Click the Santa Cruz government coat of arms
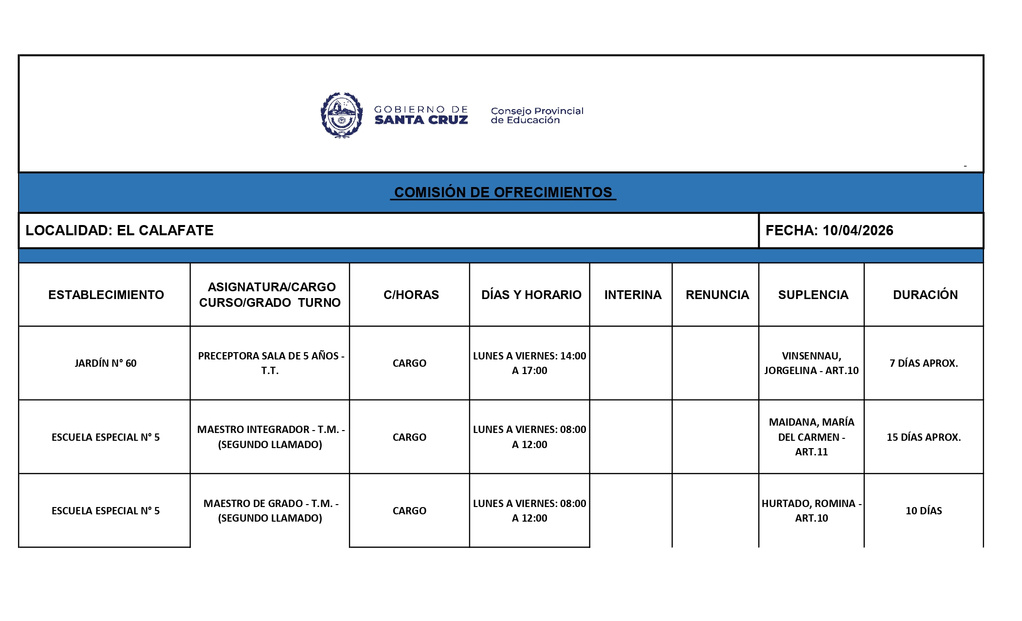[342, 115]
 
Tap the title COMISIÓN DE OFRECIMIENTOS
[503, 192]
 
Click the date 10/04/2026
[858, 230]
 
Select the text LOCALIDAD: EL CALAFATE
[119, 230]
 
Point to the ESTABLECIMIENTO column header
[106, 295]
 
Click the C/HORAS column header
[411, 295]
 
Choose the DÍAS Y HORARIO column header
[531, 295]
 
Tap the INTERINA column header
[633, 295]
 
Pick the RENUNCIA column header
[717, 295]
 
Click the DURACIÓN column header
[925, 295]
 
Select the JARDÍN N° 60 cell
[106, 363]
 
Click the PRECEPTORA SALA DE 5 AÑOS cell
[271, 363]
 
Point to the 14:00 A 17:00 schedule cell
[529, 363]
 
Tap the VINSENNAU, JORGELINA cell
[811, 363]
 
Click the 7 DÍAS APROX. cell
[923, 363]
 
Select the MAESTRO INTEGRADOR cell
[271, 437]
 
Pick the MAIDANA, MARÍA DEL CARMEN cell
[811, 437]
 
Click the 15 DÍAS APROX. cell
[923, 437]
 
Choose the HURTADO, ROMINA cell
[811, 510]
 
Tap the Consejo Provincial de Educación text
[537, 115]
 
